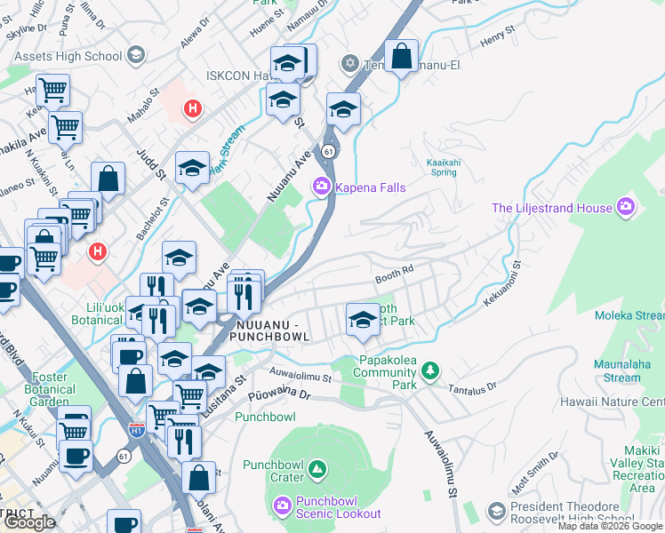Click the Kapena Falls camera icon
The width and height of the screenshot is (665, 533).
(320, 187)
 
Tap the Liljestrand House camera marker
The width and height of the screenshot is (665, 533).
(627, 207)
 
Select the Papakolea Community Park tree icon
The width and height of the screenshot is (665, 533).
(429, 370)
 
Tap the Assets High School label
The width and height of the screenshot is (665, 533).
(68, 56)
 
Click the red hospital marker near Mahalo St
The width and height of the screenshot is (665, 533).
(190, 109)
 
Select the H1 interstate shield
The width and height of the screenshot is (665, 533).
(136, 430)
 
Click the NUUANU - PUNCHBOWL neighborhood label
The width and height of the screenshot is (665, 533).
(268, 330)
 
